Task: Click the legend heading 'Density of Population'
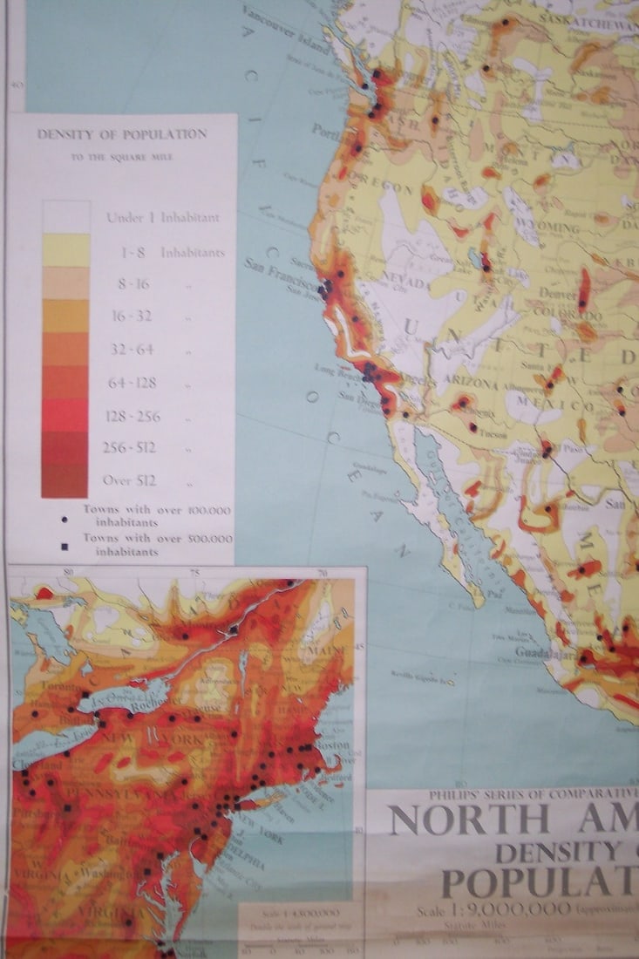pos(122,134)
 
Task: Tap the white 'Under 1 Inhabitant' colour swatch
pos(66,217)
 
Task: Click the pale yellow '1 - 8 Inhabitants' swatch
pos(66,251)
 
